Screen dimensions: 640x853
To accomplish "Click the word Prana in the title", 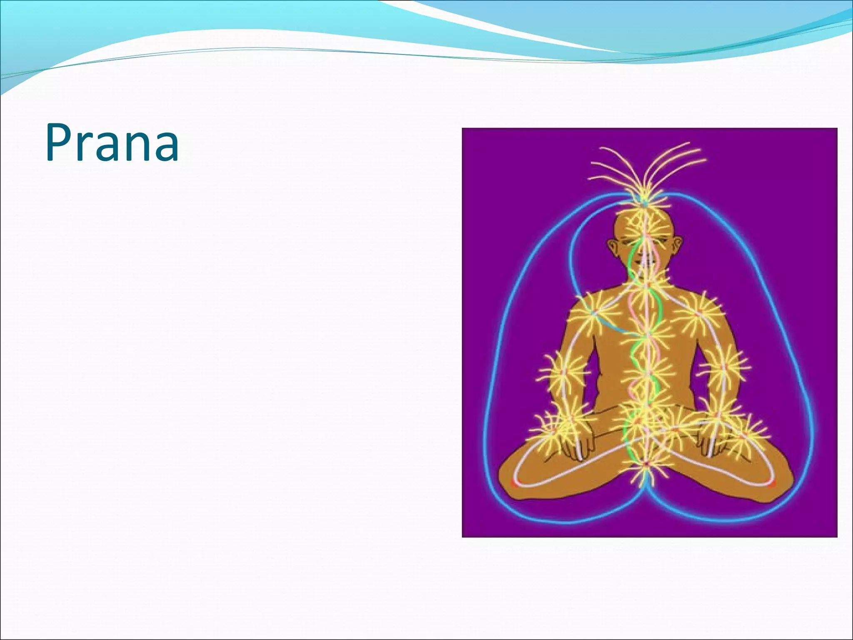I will (112, 142).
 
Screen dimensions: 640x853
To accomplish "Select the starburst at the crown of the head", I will (644, 204).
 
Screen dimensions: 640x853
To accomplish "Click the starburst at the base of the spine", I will (645, 465).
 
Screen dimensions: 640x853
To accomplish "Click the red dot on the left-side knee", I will (515, 483).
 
